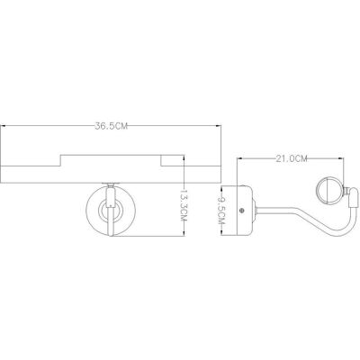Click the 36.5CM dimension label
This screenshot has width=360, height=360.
point(112,126)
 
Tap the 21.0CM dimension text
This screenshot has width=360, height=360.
point(292,158)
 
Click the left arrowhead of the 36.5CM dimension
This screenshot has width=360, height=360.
point(4,126)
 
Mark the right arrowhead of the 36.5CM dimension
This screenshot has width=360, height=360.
point(218,126)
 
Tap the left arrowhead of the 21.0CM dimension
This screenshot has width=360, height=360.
point(240,158)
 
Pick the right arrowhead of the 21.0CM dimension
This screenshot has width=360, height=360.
point(340,158)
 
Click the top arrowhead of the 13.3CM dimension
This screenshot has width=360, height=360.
point(184,158)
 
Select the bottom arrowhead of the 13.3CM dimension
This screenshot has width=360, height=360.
point(184,233)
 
